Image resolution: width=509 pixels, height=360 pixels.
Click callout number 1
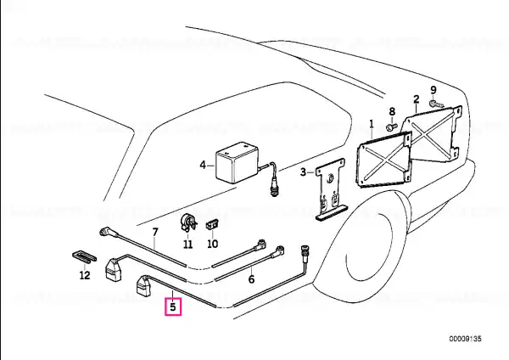372,124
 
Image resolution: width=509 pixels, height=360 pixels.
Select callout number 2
417,99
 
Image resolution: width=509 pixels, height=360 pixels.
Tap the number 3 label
303,172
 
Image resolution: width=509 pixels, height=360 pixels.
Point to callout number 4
203,166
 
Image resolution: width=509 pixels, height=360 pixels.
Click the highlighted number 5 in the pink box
173,307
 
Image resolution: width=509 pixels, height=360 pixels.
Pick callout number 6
251,279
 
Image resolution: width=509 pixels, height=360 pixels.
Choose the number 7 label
155,232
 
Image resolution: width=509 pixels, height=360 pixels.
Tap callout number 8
392,111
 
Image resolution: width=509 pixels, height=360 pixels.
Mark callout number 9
433,90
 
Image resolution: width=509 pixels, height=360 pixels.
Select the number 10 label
212,244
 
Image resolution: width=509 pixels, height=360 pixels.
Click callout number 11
188,244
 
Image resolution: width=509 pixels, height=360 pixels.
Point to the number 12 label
85,276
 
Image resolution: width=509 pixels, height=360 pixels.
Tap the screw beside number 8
392,126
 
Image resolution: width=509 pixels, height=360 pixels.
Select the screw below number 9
436,104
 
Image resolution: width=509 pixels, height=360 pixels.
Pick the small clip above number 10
211,224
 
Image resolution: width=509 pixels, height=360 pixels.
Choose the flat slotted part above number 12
84,256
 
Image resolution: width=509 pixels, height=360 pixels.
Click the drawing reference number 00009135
465,339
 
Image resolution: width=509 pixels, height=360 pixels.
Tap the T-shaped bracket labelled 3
331,190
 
